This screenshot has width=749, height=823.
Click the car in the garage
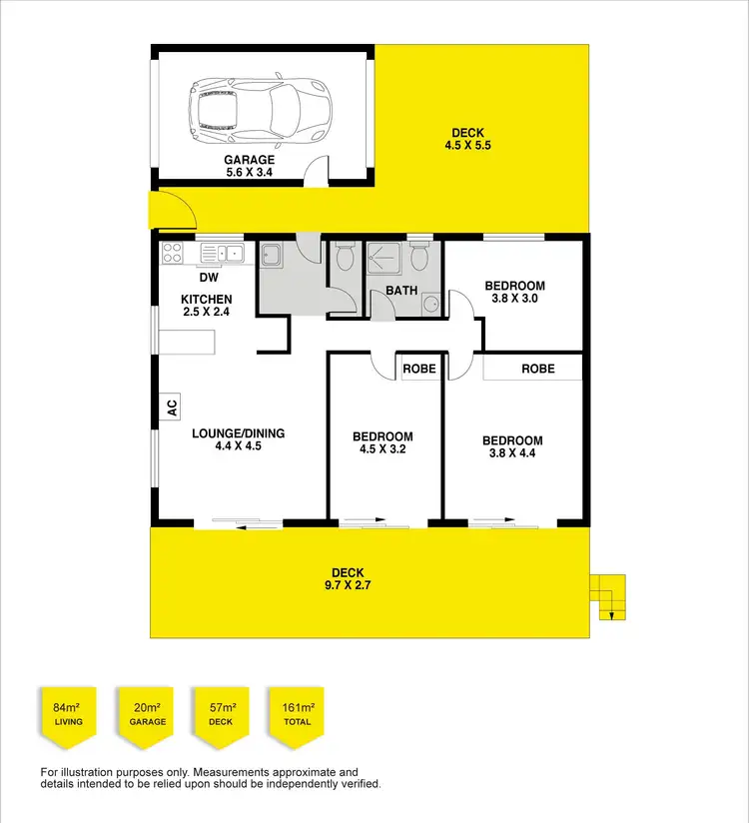[x=259, y=106]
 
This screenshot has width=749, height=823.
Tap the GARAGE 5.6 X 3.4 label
[x=249, y=166]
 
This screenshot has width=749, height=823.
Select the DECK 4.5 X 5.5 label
[x=469, y=139]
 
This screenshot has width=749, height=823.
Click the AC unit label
[x=171, y=408]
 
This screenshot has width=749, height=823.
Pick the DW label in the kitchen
[x=209, y=278]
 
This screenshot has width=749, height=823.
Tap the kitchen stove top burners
[x=172, y=253]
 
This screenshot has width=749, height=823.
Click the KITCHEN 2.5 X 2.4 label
[x=207, y=306]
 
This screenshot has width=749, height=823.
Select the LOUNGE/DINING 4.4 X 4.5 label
[x=238, y=439]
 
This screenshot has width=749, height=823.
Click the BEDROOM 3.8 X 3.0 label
[x=515, y=293]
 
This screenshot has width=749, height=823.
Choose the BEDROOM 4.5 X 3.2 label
[x=382, y=442]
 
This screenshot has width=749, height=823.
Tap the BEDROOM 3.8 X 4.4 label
[x=512, y=446]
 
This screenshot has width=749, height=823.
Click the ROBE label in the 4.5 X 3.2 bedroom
[x=419, y=369]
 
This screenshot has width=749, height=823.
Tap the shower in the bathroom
[x=386, y=261]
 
